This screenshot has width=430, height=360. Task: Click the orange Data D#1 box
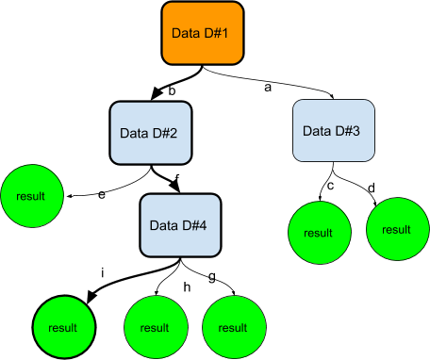coord(202,33)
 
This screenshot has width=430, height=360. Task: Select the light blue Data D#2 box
coord(151,133)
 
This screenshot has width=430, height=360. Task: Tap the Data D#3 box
coord(334,130)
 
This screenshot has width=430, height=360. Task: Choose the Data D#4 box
coord(180,225)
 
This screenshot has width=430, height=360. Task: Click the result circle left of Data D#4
coord(31,197)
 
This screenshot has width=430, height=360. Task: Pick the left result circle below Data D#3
coord(319,232)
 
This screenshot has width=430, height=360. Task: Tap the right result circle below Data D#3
coord(397,229)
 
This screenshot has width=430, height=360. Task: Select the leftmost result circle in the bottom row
coord(65,327)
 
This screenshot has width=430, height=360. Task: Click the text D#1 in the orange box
coord(216,34)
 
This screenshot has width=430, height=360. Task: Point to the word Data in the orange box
coord(186,34)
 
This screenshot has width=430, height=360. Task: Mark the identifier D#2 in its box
coord(164,133)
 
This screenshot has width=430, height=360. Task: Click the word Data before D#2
coord(134,133)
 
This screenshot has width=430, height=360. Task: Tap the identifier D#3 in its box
coord(347,130)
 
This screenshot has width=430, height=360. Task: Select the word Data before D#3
coord(317,130)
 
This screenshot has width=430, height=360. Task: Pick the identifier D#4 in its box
coord(193,225)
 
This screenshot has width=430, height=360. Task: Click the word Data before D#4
coord(164,225)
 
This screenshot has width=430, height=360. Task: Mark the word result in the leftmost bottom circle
coord(65,328)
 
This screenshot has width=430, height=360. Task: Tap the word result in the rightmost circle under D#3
coord(397,230)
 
